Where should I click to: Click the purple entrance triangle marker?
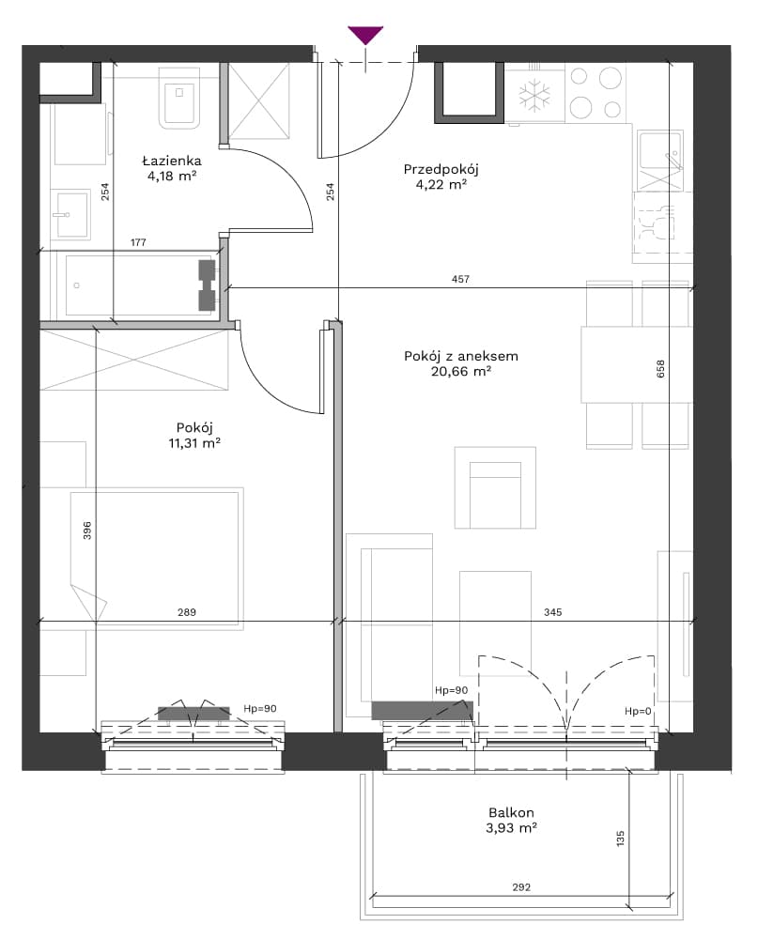(365, 35)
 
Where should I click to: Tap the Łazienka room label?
(172, 161)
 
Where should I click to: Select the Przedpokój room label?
(441, 169)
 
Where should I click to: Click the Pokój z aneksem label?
(461, 356)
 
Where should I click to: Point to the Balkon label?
(511, 812)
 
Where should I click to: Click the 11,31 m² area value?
(194, 443)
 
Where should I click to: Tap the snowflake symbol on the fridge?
(534, 96)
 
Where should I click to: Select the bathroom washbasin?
(70, 214)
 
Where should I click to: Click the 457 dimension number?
(460, 279)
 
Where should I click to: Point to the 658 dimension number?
(661, 369)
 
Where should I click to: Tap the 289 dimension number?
(186, 612)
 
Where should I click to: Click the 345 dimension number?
(552, 612)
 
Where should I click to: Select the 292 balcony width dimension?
(521, 887)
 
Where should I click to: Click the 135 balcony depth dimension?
(620, 838)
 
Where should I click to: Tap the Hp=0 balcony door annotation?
(638, 712)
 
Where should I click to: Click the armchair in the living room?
(495, 488)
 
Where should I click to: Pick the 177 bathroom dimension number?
(138, 242)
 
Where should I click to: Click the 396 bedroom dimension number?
(87, 531)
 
